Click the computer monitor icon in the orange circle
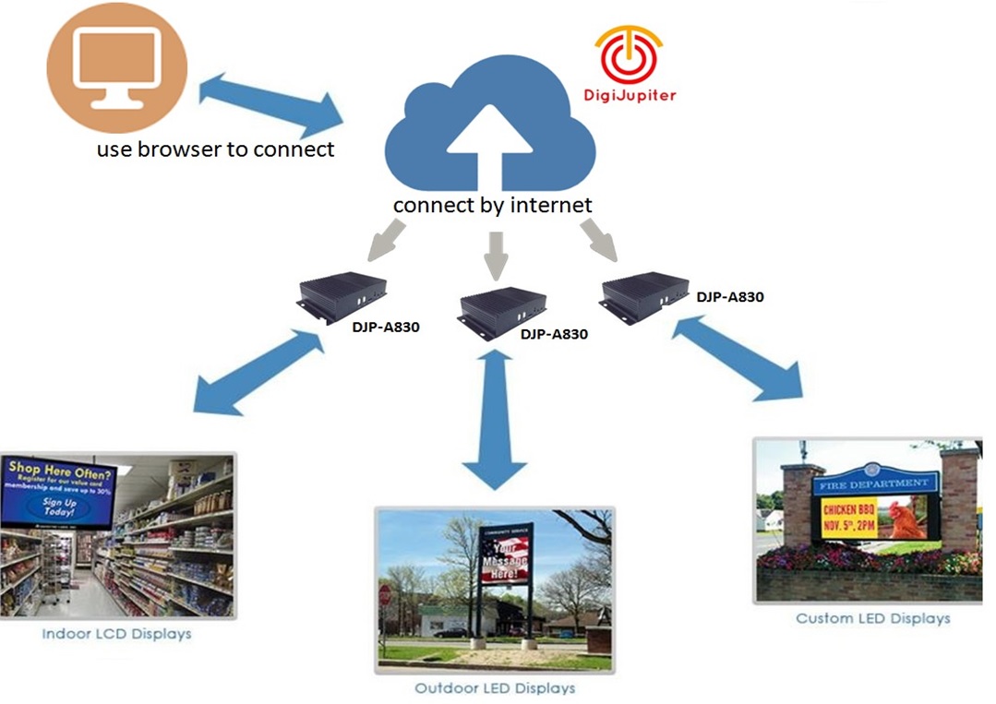(x=116, y=67)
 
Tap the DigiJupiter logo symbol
(x=629, y=54)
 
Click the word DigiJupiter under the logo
(x=630, y=94)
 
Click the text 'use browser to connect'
(x=216, y=149)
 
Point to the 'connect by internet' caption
(x=492, y=205)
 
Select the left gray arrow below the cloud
(x=387, y=242)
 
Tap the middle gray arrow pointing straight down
(x=497, y=254)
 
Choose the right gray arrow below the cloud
(x=601, y=240)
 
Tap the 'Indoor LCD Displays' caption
(x=116, y=634)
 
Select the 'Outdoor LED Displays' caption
(x=495, y=688)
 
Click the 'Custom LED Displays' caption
(x=872, y=618)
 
